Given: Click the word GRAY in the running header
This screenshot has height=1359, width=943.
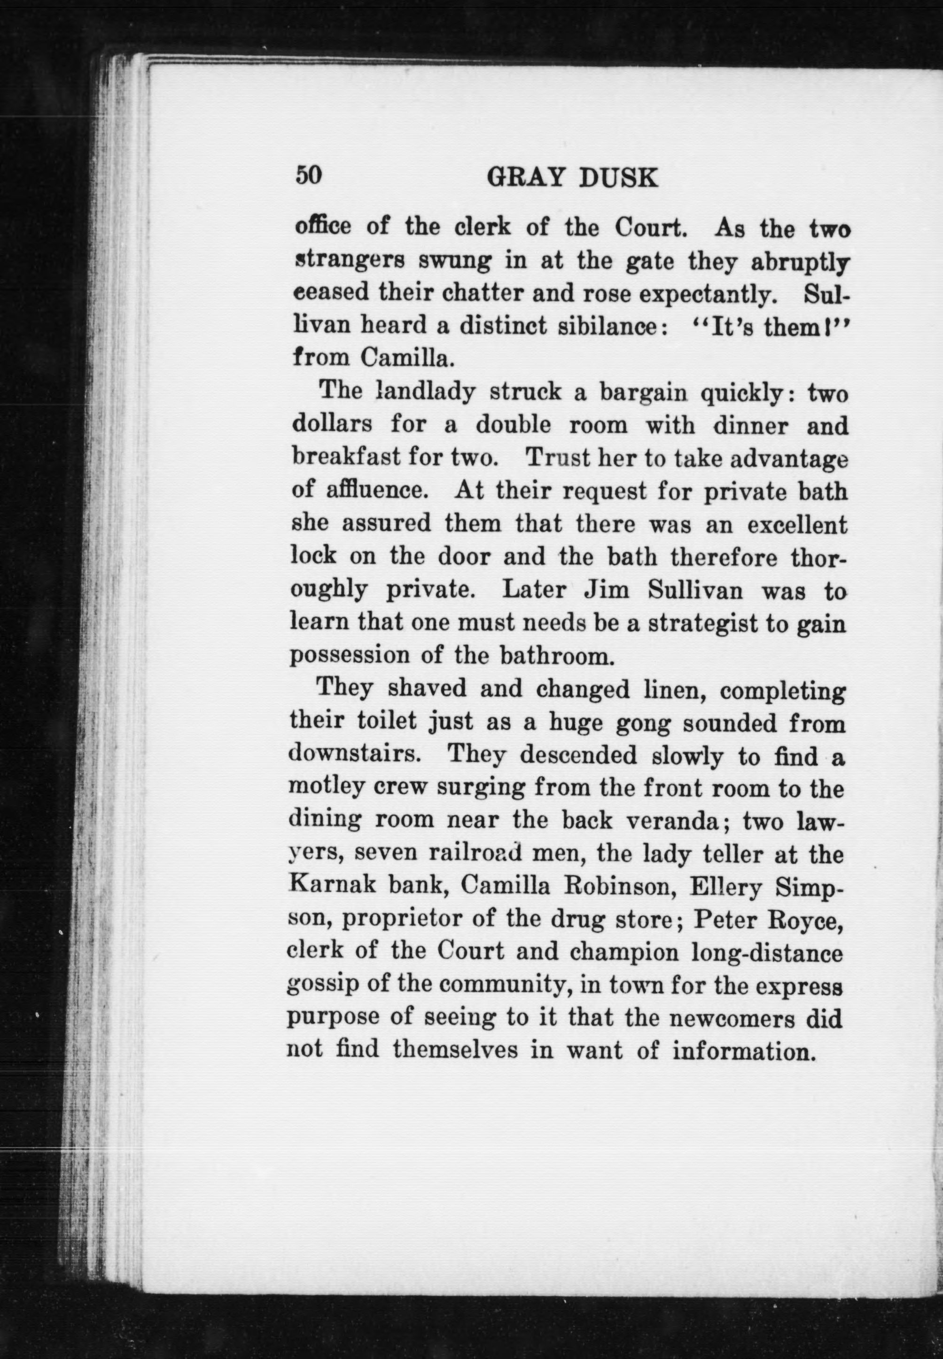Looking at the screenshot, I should click(x=525, y=177).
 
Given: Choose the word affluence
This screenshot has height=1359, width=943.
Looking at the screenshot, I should click(x=376, y=491).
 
